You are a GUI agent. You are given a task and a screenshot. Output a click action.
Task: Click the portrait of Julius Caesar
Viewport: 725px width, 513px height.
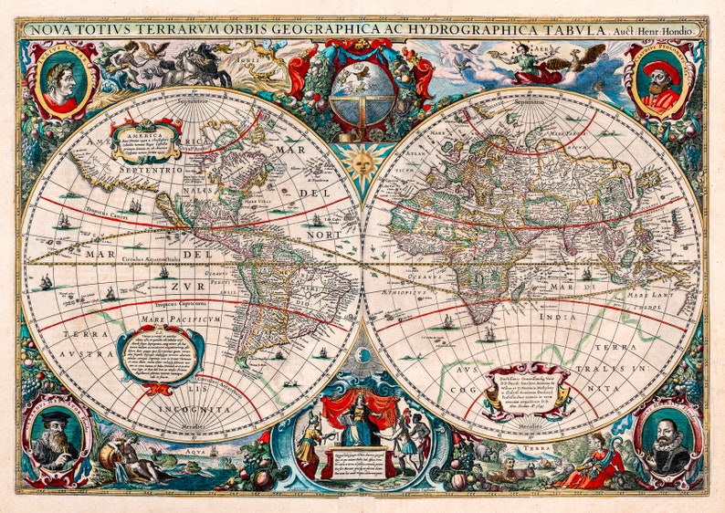coord(59,80)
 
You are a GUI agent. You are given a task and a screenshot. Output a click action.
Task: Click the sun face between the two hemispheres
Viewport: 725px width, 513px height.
coord(362,164)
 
